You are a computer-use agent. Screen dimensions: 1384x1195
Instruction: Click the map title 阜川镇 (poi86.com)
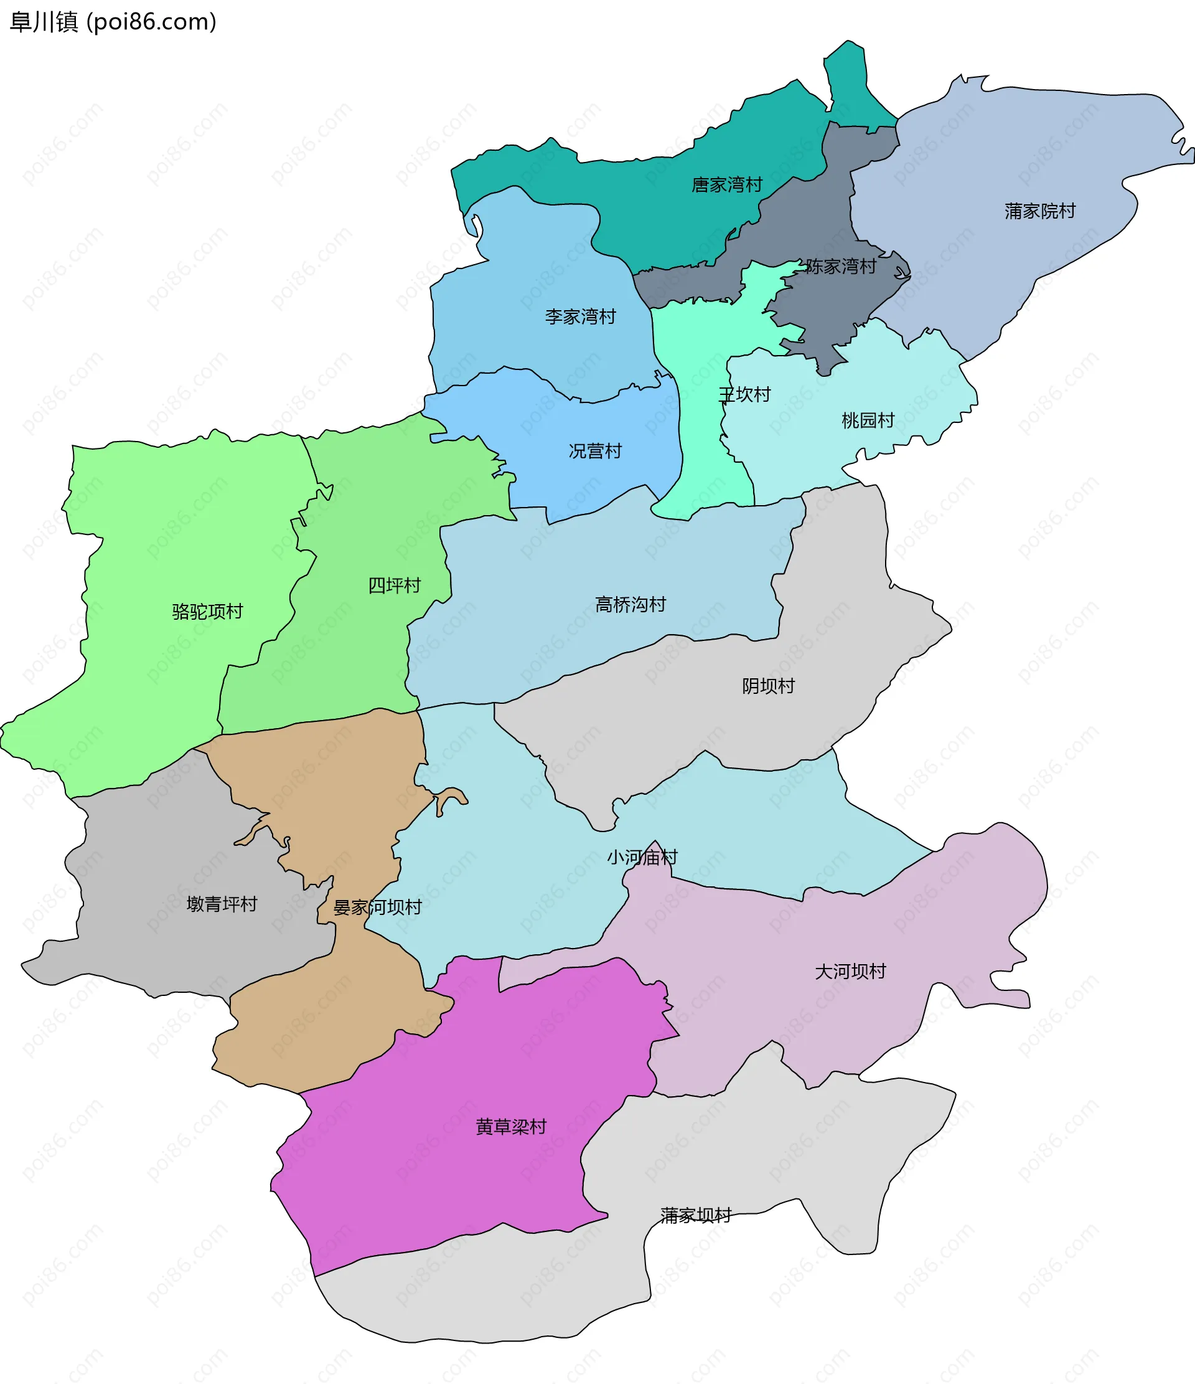[x=113, y=22]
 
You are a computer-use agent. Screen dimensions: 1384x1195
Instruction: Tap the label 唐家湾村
[x=726, y=185]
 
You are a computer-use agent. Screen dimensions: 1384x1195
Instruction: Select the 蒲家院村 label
[x=1039, y=211]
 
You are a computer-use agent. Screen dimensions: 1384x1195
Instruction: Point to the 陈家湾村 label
[x=840, y=267]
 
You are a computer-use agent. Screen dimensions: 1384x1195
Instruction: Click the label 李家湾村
[x=580, y=316]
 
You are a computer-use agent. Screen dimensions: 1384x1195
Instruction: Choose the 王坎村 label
[x=744, y=395]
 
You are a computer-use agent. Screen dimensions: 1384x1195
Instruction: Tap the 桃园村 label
[x=867, y=420]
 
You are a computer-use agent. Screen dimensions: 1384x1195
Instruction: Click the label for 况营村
[x=595, y=451]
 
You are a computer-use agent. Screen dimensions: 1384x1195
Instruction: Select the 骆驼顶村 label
[x=207, y=611]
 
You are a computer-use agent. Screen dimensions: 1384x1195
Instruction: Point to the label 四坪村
[x=394, y=585]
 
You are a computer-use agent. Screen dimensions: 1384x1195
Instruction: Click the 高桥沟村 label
[x=630, y=605]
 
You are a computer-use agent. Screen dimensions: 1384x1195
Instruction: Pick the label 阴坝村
[x=768, y=686]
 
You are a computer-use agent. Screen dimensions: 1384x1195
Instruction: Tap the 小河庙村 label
[x=642, y=857]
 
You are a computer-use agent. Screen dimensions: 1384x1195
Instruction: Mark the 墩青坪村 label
[x=222, y=904]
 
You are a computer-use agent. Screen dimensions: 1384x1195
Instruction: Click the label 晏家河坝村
[x=377, y=907]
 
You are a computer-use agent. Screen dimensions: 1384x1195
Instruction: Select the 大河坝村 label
[x=850, y=971]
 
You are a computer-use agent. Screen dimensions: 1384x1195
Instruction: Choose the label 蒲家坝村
[x=696, y=1215]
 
